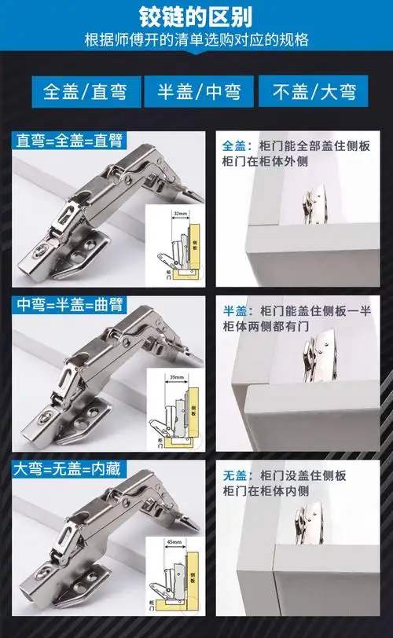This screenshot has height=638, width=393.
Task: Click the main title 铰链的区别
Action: pos(196,16)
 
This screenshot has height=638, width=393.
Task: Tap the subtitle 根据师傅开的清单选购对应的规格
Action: pos(196,40)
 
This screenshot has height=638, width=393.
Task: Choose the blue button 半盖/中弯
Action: pos(196,90)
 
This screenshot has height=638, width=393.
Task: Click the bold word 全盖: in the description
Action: pos(235,146)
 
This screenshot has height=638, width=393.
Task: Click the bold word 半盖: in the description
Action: pos(235,310)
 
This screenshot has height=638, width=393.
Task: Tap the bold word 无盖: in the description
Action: pos(235,475)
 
